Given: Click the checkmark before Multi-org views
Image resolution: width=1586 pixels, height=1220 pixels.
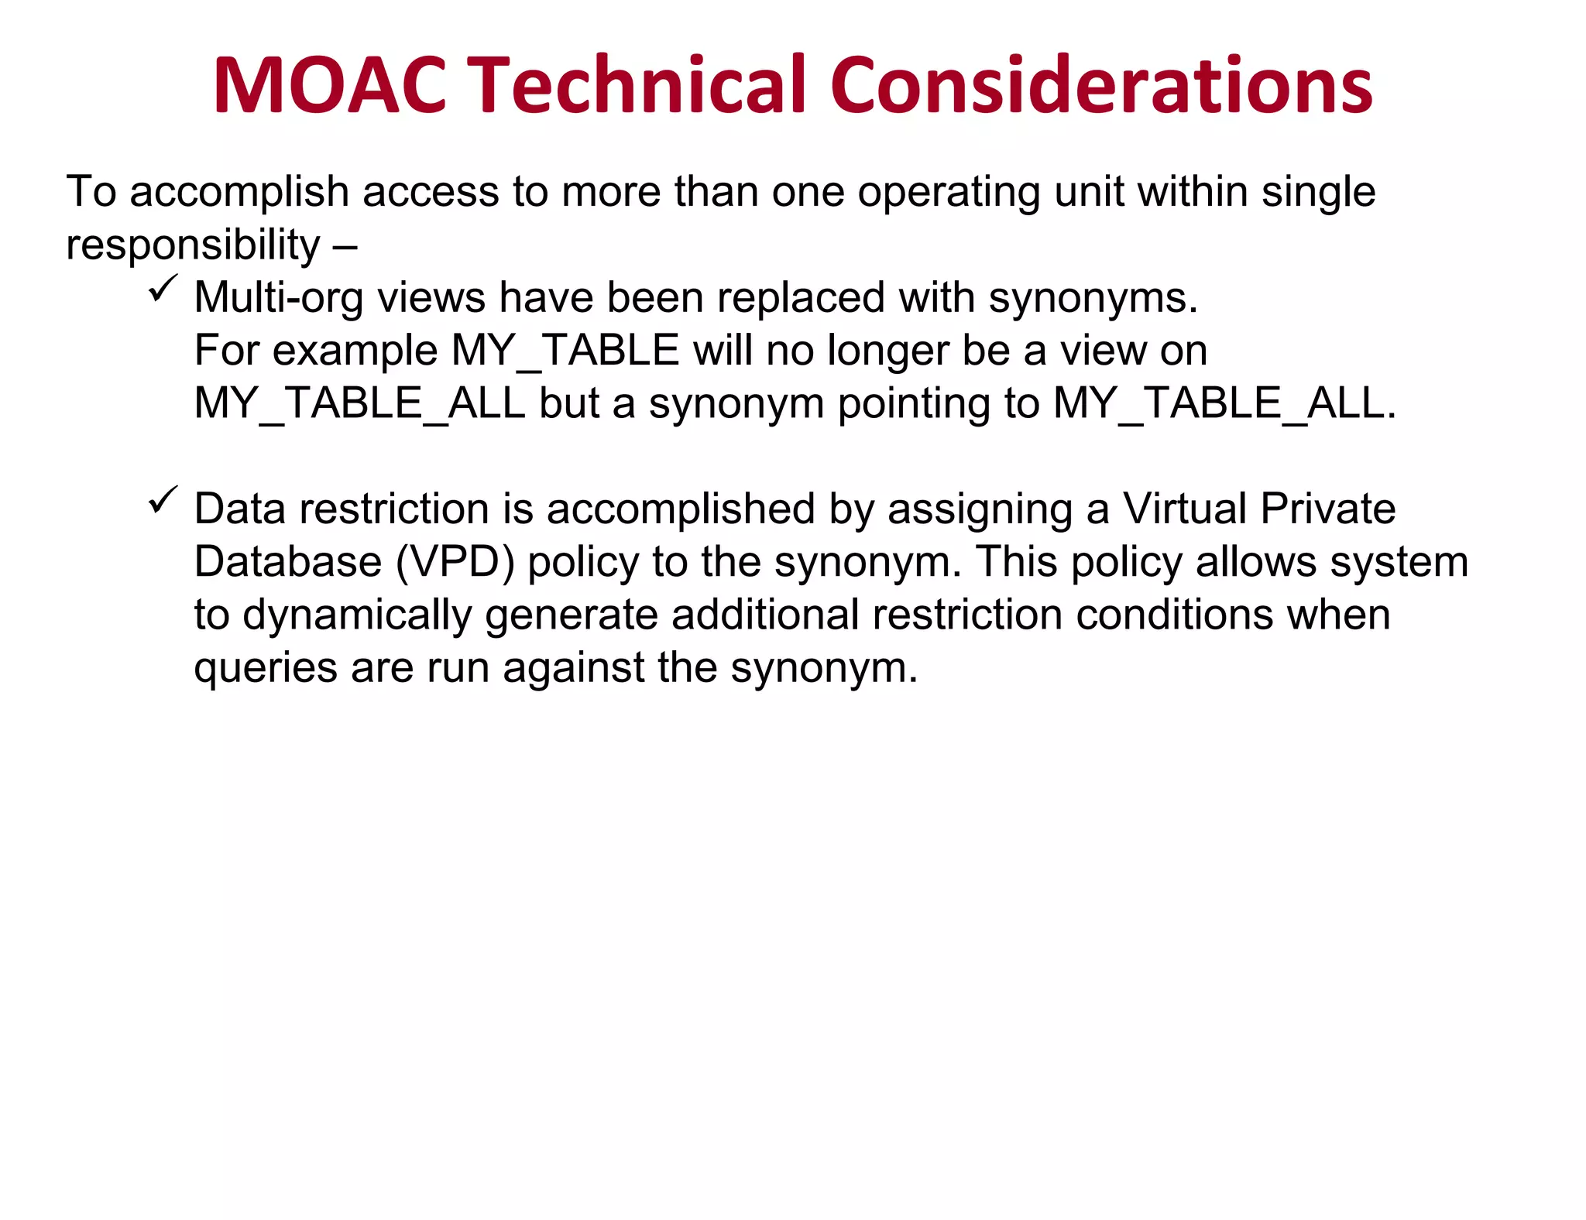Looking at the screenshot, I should coord(163,290).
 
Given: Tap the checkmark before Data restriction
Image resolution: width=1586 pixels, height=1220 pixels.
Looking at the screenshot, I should coord(163,501).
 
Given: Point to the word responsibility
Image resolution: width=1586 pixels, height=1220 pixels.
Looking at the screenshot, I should coord(193,246).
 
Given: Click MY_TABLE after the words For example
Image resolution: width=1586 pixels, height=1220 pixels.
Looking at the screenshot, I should coord(565,351).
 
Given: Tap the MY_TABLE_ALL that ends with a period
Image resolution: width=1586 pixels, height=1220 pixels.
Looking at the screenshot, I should coord(1224,403).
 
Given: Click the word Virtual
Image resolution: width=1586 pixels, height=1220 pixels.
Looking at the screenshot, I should coord(1184,509).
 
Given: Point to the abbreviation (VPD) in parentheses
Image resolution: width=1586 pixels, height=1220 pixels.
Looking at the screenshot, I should coord(455,563).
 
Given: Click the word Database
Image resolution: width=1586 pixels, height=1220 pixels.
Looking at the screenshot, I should coord(287,562).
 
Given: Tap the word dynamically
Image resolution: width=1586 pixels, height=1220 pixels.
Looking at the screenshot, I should coord(357,616).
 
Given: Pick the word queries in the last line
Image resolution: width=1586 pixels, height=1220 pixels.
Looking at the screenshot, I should coord(266,669).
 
